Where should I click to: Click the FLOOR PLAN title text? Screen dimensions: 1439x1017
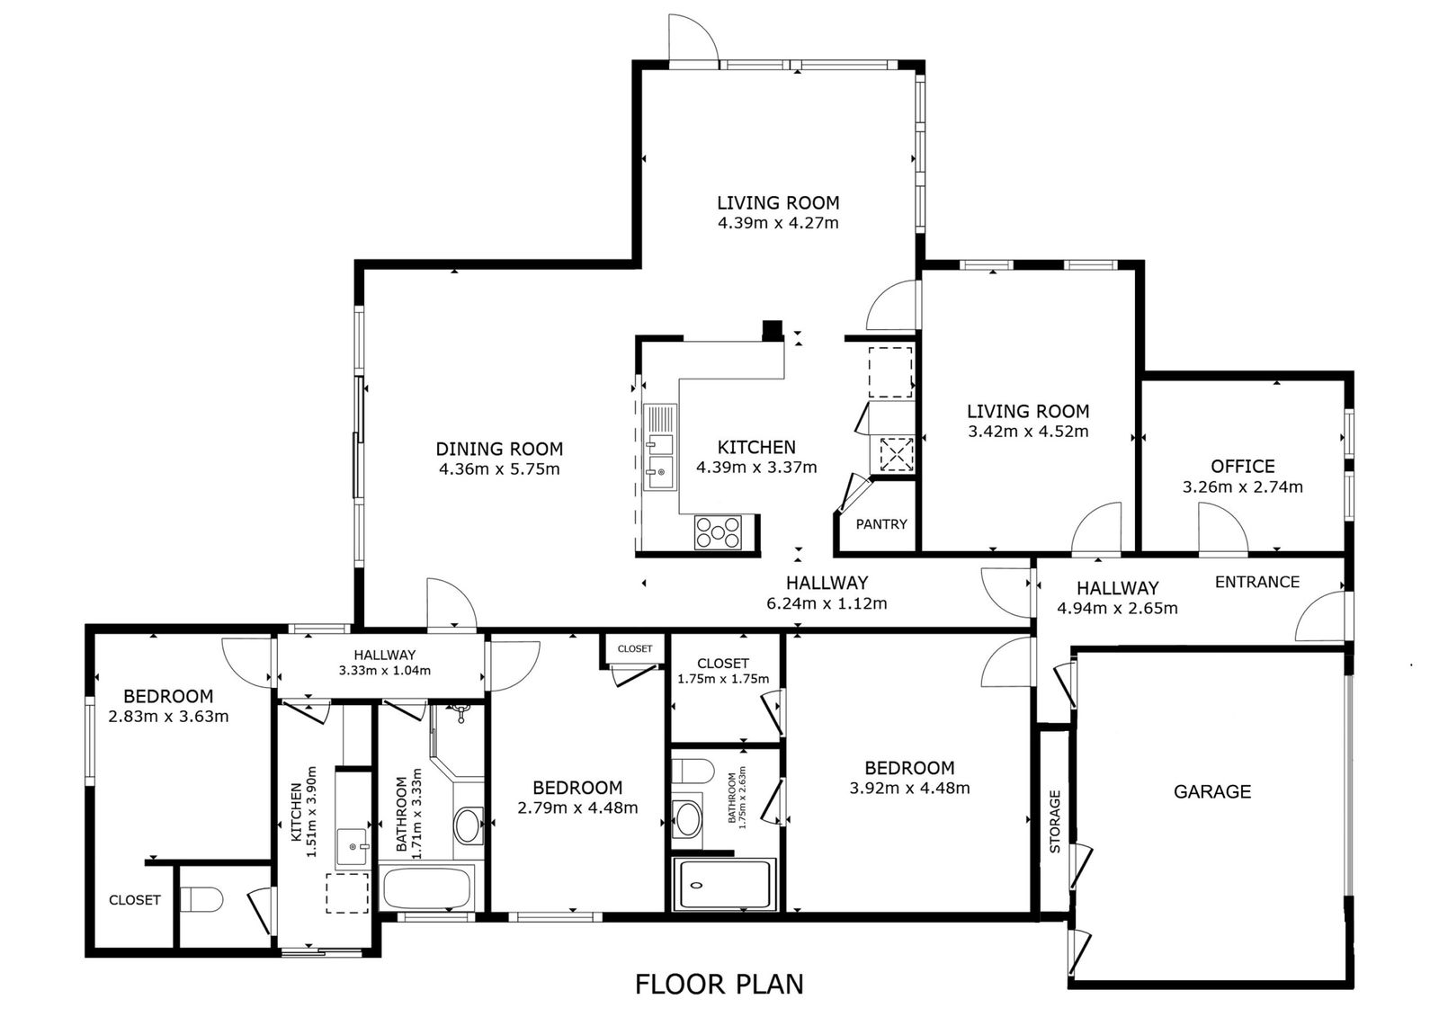click(x=719, y=985)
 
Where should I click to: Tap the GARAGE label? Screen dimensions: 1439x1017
click(x=1212, y=791)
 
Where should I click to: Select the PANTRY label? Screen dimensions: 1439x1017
click(x=881, y=524)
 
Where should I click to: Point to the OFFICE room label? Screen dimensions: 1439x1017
click(x=1242, y=466)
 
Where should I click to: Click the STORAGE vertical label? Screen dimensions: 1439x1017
click(x=1055, y=822)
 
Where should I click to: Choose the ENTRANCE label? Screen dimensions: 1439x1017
click(x=1257, y=582)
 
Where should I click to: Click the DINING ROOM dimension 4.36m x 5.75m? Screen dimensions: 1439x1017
click(x=499, y=469)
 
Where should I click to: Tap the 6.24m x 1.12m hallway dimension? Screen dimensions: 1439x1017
click(x=827, y=603)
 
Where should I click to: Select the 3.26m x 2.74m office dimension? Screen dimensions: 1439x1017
click(x=1242, y=487)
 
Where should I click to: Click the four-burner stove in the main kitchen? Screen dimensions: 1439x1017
click(x=718, y=532)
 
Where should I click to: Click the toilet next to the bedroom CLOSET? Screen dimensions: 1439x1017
click(x=201, y=900)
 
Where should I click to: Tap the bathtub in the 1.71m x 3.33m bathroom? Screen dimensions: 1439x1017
click(x=428, y=888)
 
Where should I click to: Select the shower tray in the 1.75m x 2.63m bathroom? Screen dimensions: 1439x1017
click(x=724, y=885)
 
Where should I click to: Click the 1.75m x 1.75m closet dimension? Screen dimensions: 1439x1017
click(x=723, y=678)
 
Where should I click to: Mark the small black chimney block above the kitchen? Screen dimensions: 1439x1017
click(x=773, y=330)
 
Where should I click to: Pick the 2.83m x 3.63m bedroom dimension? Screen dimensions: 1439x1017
click(x=168, y=717)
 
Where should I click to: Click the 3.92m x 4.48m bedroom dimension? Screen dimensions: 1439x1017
click(x=909, y=788)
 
